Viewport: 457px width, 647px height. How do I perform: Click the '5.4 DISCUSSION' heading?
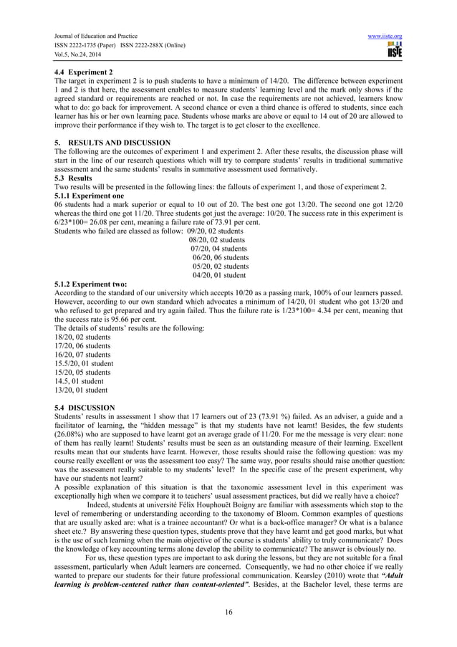point(80,407)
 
